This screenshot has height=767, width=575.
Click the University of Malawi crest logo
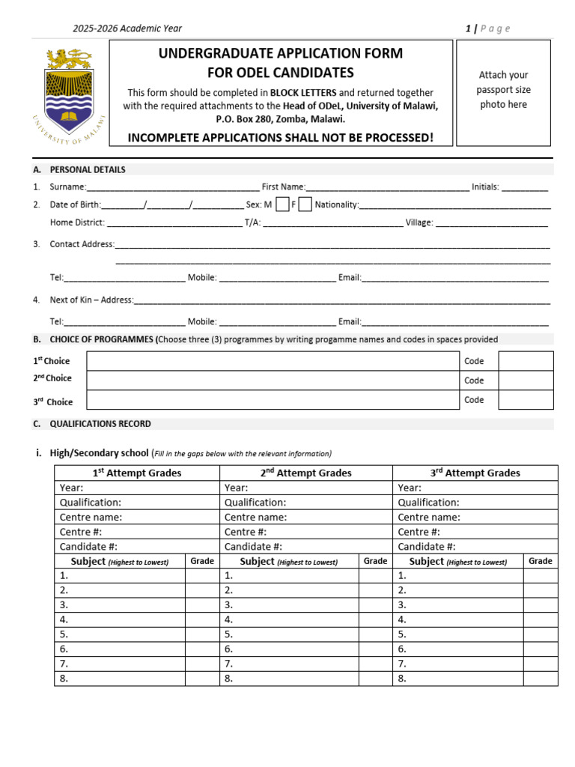click(68, 94)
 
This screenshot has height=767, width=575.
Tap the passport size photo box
click(503, 93)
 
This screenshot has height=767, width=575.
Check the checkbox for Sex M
click(282, 204)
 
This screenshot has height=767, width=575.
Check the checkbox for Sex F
click(305, 204)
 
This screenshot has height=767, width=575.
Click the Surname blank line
click(173, 188)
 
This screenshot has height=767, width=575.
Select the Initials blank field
click(525, 188)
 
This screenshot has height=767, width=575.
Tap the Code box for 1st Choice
click(526, 361)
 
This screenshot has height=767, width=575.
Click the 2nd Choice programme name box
click(273, 381)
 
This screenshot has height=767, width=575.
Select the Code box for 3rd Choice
click(526, 400)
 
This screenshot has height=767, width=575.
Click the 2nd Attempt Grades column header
click(305, 473)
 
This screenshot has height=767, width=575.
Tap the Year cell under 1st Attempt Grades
click(136, 488)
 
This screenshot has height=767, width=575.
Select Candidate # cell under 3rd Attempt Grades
click(475, 547)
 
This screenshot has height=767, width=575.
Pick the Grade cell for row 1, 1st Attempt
click(202, 575)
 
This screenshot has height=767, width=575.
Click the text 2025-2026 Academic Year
click(127, 28)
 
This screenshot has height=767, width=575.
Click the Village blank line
click(492, 223)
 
